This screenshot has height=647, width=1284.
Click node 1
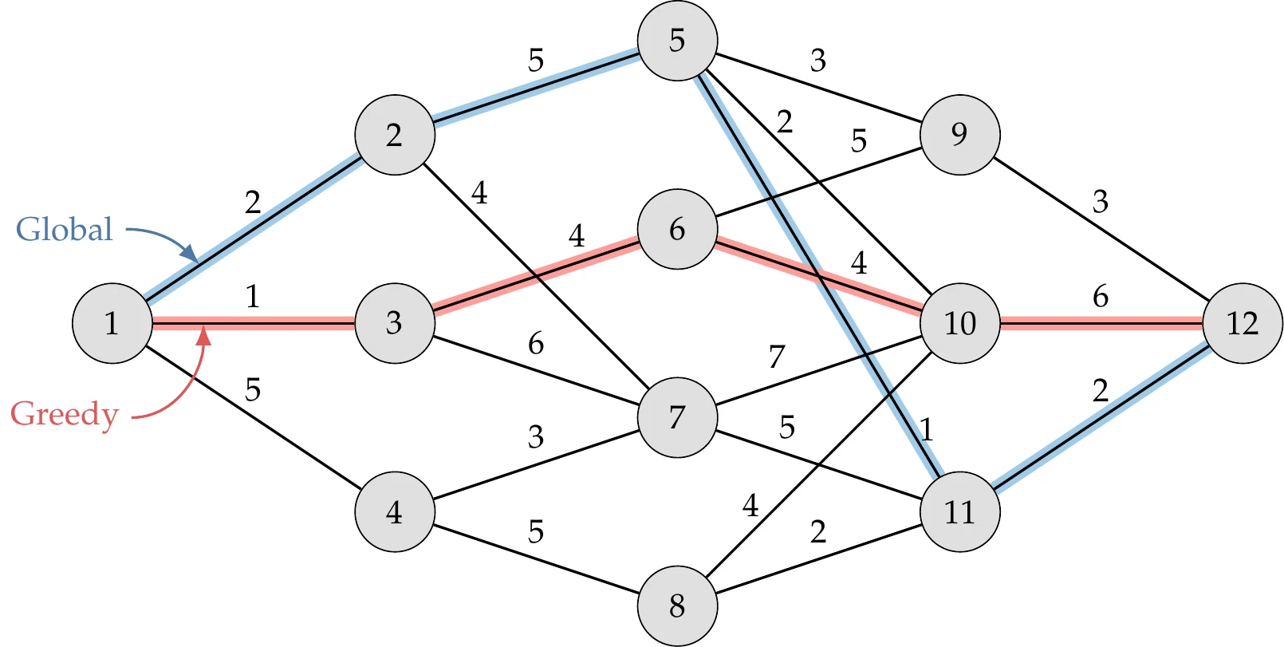tap(112, 323)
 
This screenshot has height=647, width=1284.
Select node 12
tap(1243, 323)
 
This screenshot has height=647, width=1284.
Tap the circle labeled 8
tap(677, 606)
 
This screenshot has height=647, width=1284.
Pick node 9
tap(959, 134)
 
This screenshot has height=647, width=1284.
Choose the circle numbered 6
tap(677, 229)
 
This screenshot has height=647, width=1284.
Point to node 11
tap(959, 511)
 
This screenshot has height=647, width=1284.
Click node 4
tap(394, 511)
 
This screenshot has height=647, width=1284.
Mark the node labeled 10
tap(959, 323)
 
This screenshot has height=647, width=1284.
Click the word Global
tap(65, 230)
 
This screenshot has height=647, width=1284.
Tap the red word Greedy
tap(65, 414)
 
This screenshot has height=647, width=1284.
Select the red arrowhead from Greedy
tap(204, 336)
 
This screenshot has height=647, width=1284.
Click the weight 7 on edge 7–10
tap(777, 357)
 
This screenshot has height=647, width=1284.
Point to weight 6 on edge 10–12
tap(1101, 296)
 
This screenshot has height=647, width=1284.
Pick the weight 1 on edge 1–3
tap(253, 297)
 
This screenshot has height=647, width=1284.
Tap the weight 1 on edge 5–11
tap(926, 430)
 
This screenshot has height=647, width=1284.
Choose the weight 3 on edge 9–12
tap(1101, 202)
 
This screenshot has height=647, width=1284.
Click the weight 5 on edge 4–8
tap(536, 531)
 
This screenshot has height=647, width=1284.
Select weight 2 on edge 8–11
tap(818, 531)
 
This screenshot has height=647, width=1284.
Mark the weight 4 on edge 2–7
tap(479, 192)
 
